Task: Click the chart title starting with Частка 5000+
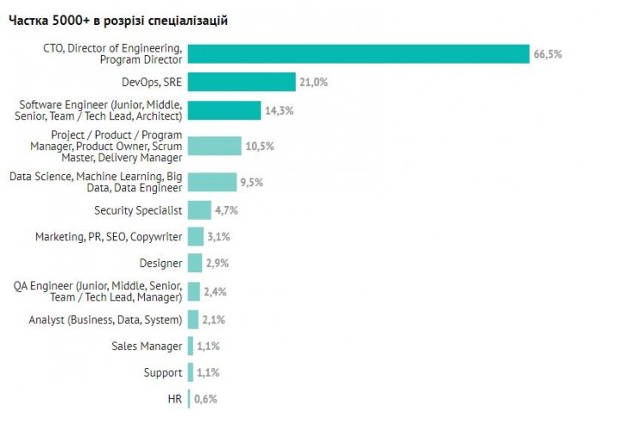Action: [118, 20]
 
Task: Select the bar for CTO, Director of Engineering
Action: [358, 54]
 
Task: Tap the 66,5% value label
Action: [548, 54]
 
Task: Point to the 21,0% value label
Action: [314, 82]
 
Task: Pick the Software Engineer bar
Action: [224, 111]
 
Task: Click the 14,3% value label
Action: [278, 111]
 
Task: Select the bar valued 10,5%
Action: [214, 146]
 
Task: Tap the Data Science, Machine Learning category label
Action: [95, 181]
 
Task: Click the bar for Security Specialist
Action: [200, 209]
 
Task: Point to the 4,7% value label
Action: [226, 209]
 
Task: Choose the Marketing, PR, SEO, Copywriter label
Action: [108, 236]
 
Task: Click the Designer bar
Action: [195, 263]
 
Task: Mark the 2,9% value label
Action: [217, 263]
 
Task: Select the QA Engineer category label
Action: [99, 291]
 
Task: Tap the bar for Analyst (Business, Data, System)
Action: [193, 320]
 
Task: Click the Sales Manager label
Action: [147, 346]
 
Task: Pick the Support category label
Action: [163, 373]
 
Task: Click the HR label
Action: [174, 399]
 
